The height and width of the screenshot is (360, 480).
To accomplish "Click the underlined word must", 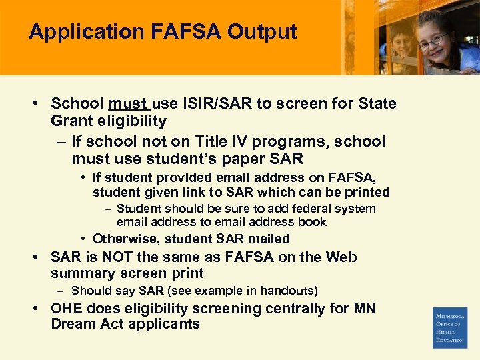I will tap(128, 104).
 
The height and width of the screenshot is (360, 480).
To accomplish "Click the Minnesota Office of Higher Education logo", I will tap(450, 327).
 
